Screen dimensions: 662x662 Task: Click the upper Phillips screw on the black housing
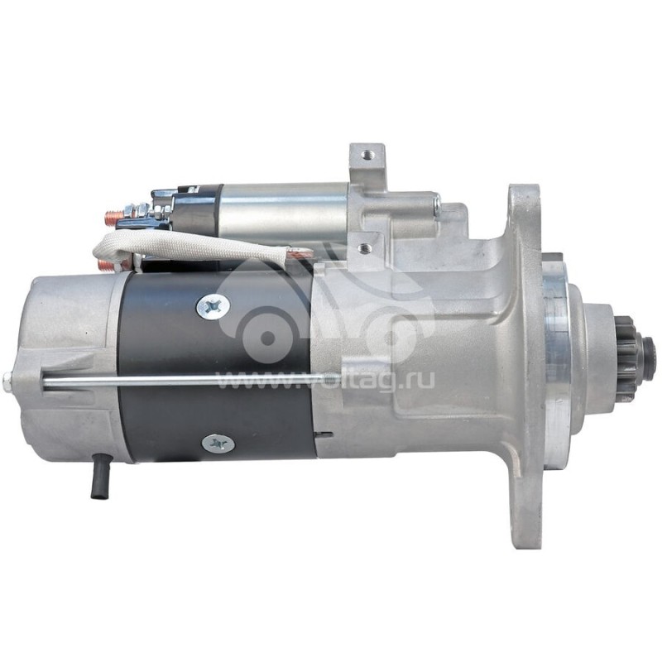tap(213, 307)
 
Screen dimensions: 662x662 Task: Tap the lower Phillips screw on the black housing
tap(218, 444)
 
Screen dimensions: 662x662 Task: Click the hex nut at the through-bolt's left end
tap(7, 381)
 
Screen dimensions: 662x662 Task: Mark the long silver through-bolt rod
tap(190, 381)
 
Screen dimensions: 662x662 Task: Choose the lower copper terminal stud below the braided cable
tap(105, 266)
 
